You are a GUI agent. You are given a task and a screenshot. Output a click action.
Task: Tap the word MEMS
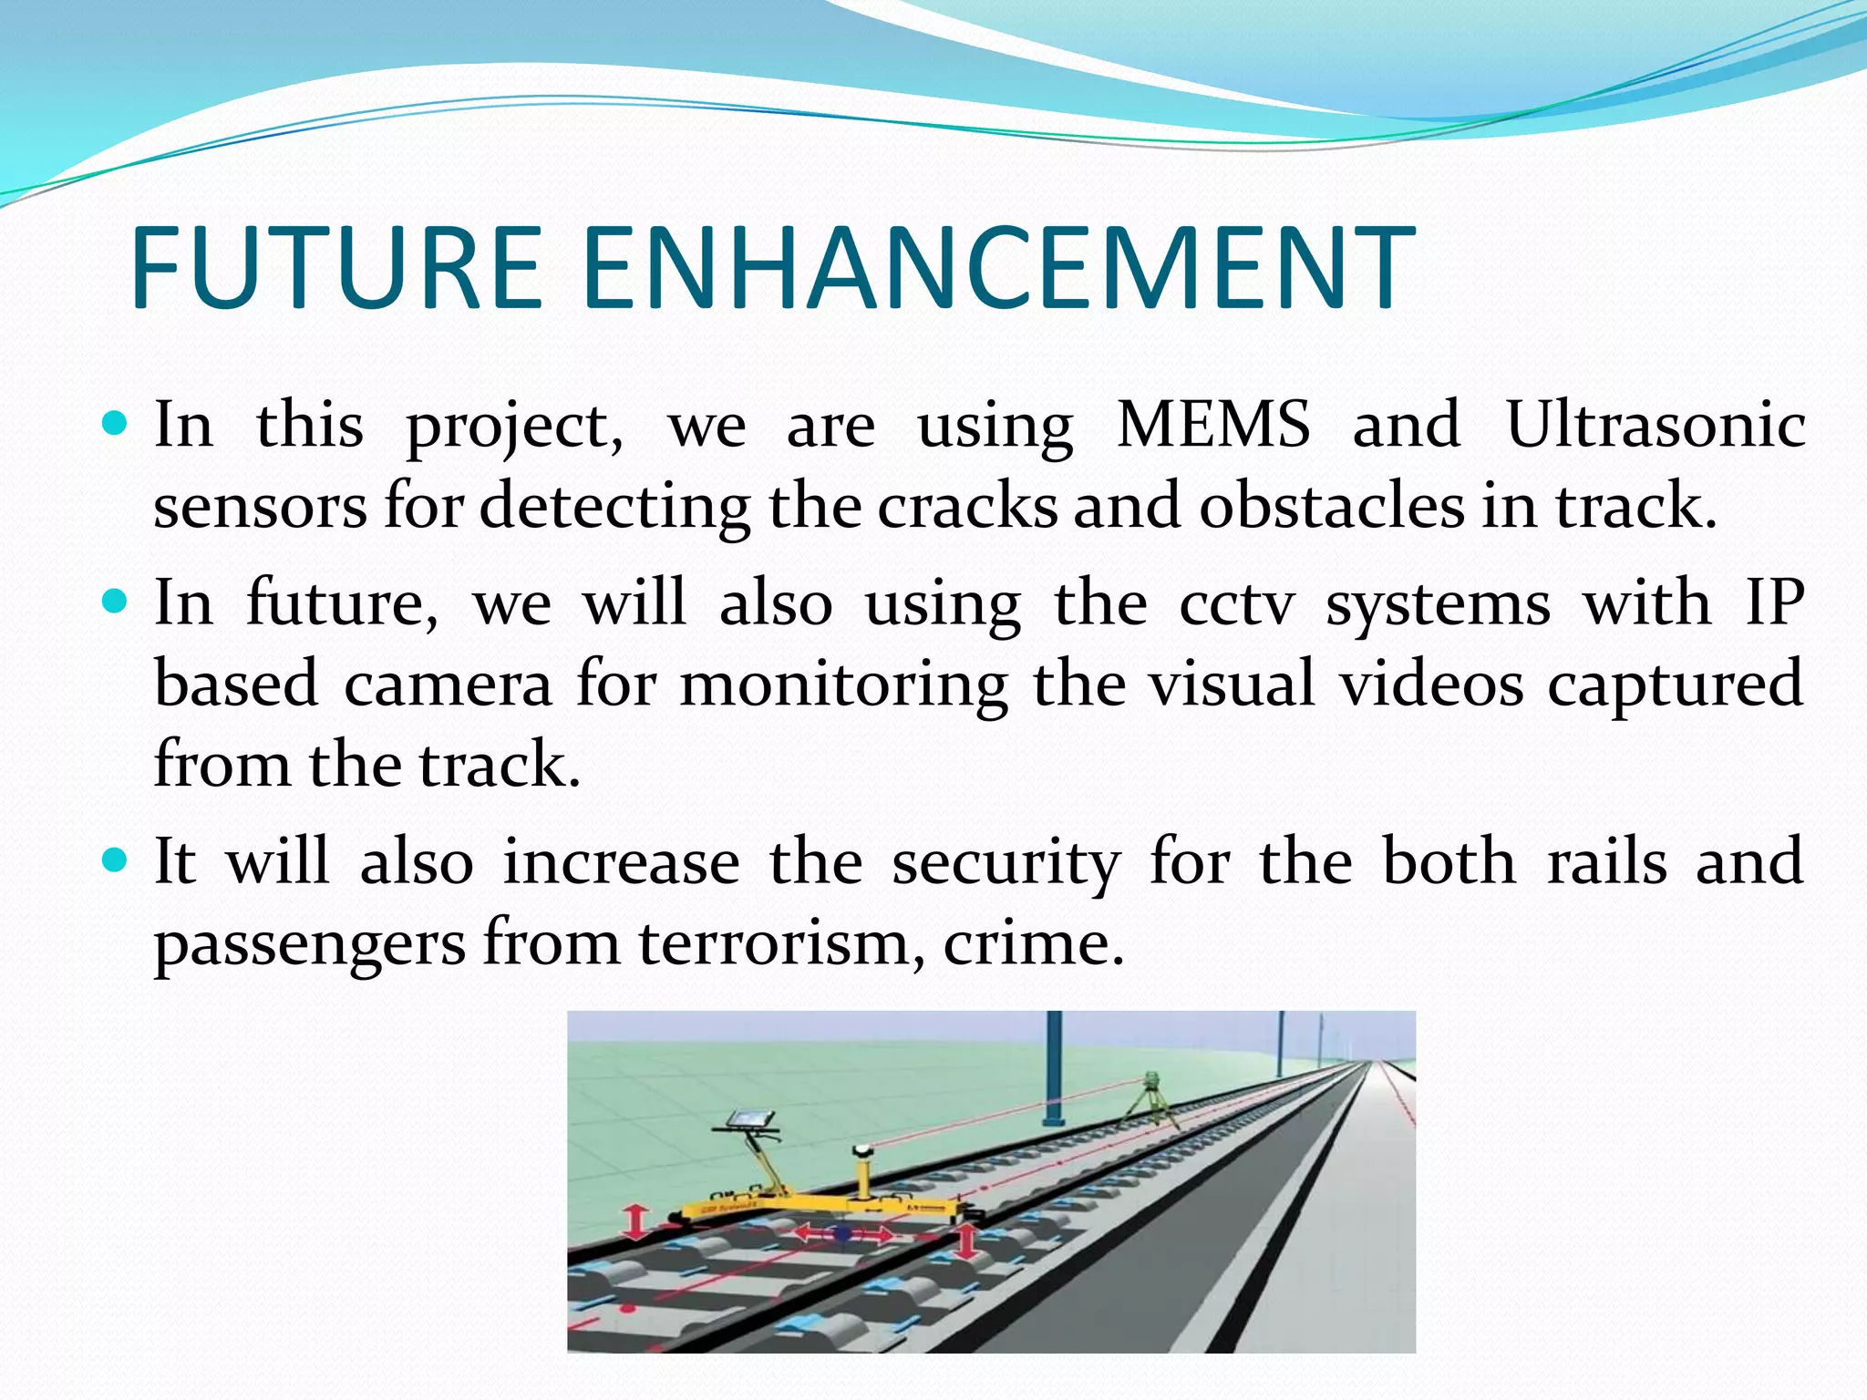coord(1213,425)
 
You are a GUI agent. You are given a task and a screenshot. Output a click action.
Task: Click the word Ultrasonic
coord(1655,425)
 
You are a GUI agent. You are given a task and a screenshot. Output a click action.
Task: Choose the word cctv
coord(1236,603)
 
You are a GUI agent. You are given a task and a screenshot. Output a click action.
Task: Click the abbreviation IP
coord(1774,603)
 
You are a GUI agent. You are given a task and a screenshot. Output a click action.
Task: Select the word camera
coord(448,684)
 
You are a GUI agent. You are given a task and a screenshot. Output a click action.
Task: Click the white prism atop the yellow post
coord(862,1152)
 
